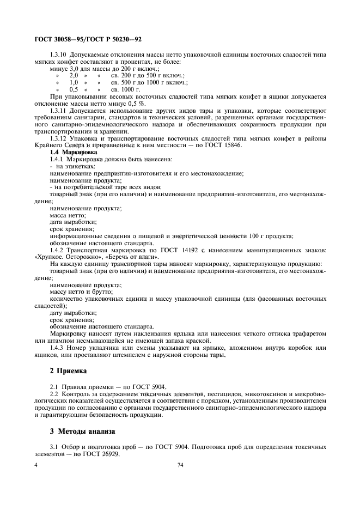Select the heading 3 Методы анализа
click(x=82, y=431)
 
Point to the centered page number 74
click(x=180, y=465)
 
